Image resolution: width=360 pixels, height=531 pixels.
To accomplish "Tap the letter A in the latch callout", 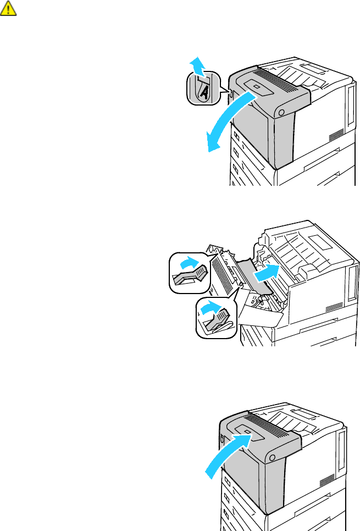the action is [202, 92].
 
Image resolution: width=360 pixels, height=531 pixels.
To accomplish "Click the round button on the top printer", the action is [281, 112].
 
